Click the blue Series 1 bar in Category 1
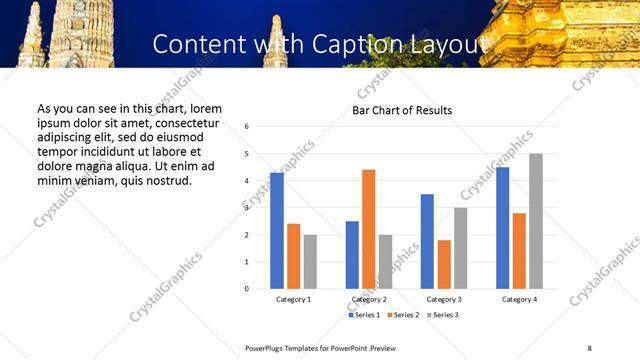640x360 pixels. pyautogui.click(x=277, y=231)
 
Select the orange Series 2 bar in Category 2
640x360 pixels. pyautogui.click(x=368, y=229)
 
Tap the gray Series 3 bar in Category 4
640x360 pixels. pyautogui.click(x=536, y=221)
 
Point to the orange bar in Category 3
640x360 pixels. pyautogui.click(x=444, y=264)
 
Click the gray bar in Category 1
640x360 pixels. pyautogui.click(x=310, y=262)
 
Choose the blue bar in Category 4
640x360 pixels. pyautogui.click(x=502, y=228)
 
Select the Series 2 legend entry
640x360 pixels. pyautogui.click(x=403, y=315)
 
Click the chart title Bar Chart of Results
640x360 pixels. pyautogui.click(x=402, y=110)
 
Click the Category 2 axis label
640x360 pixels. pyautogui.click(x=369, y=299)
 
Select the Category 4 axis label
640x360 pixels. pyautogui.click(x=519, y=299)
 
